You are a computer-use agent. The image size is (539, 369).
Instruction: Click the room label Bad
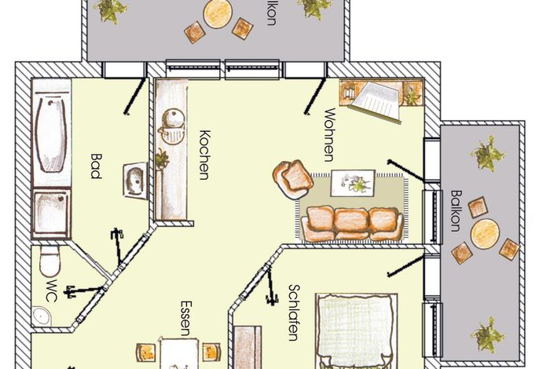pos(96,166)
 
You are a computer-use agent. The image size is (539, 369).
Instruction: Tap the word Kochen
pos(204,155)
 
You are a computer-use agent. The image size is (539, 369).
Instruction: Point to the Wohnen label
pos(329,135)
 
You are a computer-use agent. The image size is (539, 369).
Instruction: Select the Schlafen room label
pos(293,312)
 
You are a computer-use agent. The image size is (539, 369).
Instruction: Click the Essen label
pos(185,319)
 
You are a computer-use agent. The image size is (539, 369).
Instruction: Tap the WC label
pos(51,290)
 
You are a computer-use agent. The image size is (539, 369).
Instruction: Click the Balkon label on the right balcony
pos(456,211)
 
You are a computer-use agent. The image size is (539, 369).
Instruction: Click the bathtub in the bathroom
pos(52,135)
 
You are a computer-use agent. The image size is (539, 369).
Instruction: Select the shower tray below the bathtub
pos(52,213)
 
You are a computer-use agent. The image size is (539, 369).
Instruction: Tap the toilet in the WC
pos(50,260)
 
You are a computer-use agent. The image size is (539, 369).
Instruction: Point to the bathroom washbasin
pos(135,181)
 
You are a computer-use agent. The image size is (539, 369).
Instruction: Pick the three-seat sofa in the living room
pos(352,223)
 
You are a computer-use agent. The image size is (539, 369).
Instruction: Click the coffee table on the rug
pos(353,183)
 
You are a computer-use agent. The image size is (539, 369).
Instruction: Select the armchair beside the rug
pos(292,179)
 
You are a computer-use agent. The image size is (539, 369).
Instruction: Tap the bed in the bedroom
pos(357,331)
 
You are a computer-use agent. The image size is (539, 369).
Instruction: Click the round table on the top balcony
pos(217,14)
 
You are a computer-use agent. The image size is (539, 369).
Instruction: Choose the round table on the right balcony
pos(485,234)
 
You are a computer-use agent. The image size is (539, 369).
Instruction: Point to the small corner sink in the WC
pos(41,316)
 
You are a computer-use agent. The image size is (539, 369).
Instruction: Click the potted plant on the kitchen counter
pos(162,159)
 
